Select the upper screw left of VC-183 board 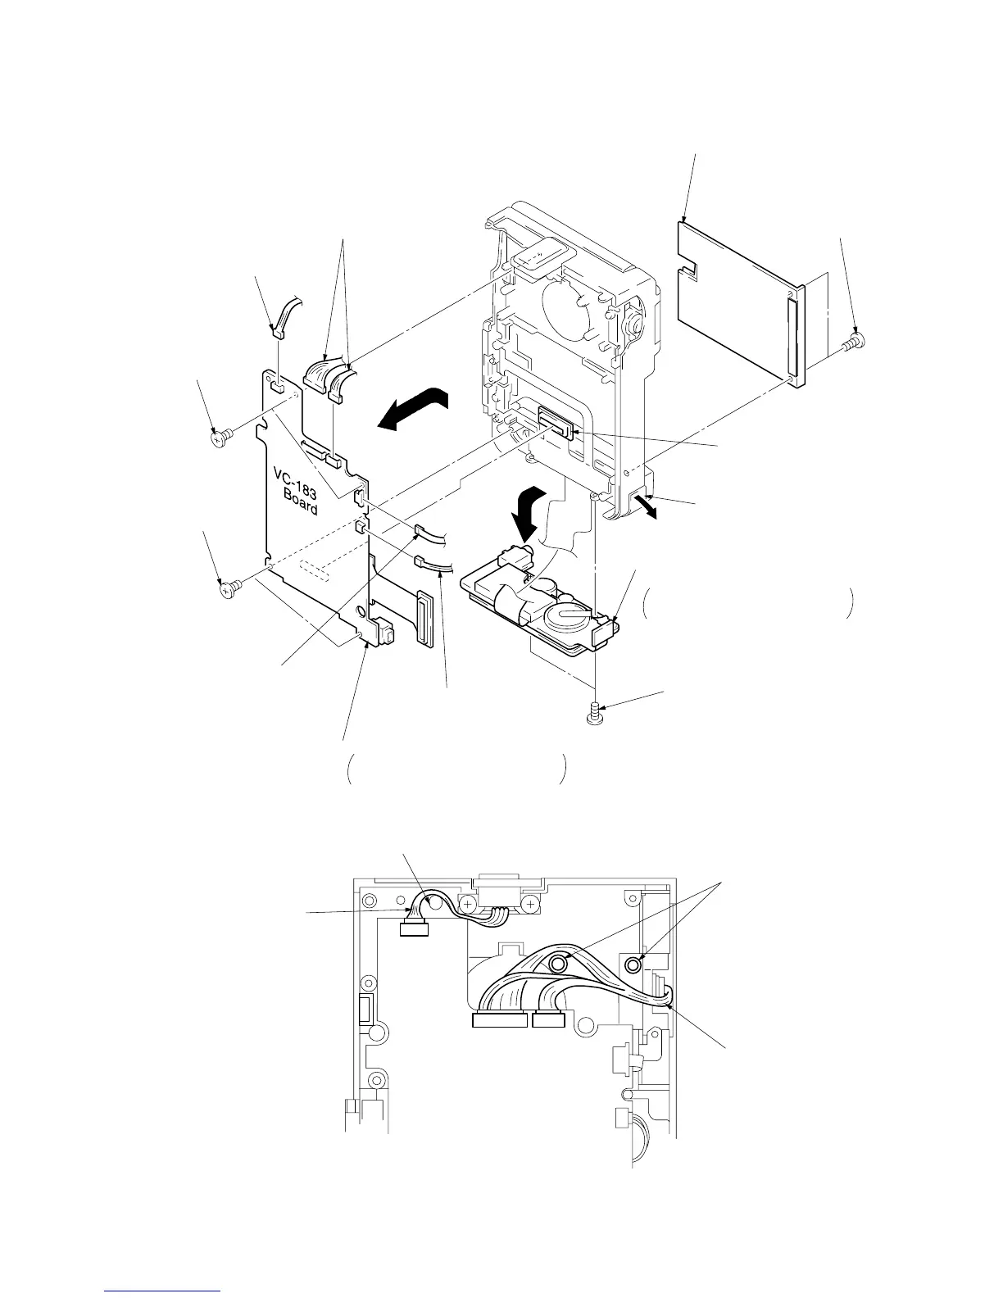[x=219, y=438]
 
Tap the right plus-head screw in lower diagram [x=530, y=904]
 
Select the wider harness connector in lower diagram [x=500, y=1020]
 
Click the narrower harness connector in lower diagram [x=547, y=1020]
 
